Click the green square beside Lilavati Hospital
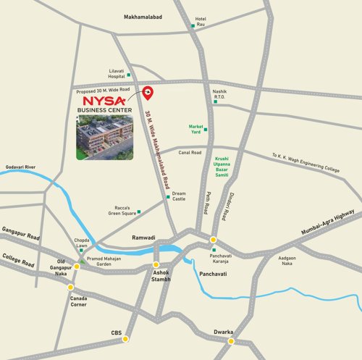(129, 75)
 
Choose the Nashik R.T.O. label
(221, 95)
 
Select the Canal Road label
(190, 152)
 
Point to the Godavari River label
(21, 167)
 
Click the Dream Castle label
(179, 195)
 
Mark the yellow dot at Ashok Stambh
(156, 264)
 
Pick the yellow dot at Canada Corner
(71, 288)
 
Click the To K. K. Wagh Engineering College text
(306, 162)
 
